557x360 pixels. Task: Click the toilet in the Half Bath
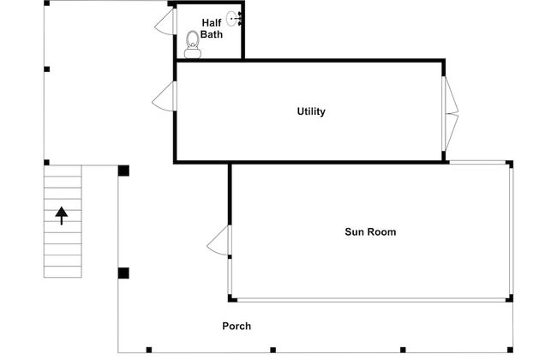point(193,45)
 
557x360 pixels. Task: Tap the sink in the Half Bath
point(234,19)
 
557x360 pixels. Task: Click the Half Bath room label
point(212,28)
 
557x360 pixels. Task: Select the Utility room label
point(311,111)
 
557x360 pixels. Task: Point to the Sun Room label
point(370,232)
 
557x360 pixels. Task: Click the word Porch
point(237,327)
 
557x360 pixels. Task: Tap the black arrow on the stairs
point(62,215)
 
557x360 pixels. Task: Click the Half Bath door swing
point(165,21)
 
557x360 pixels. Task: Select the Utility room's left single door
point(165,96)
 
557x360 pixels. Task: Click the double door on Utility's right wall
point(450,114)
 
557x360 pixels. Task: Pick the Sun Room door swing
point(219,240)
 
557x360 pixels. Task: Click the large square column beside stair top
point(123,171)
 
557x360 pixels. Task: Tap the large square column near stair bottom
point(123,273)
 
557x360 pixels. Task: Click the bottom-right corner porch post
point(510,350)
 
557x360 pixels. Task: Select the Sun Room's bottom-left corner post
point(231,298)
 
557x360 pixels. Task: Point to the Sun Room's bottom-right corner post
point(509,298)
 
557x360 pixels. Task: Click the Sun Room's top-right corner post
point(509,164)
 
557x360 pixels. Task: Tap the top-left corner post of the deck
point(46,3)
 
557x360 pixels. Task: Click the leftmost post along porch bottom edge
point(149,350)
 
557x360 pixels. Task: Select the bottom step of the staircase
point(63,272)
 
